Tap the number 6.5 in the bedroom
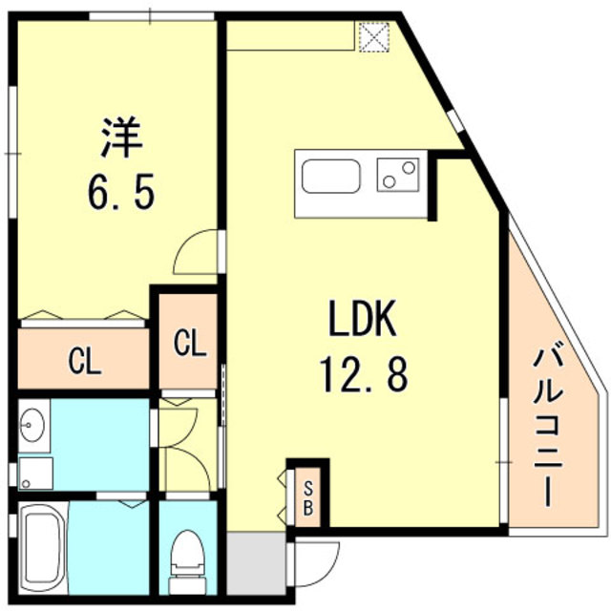pos(118,194)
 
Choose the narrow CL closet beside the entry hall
pos(189,342)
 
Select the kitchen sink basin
pos(330,178)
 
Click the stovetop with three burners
pos(398,175)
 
